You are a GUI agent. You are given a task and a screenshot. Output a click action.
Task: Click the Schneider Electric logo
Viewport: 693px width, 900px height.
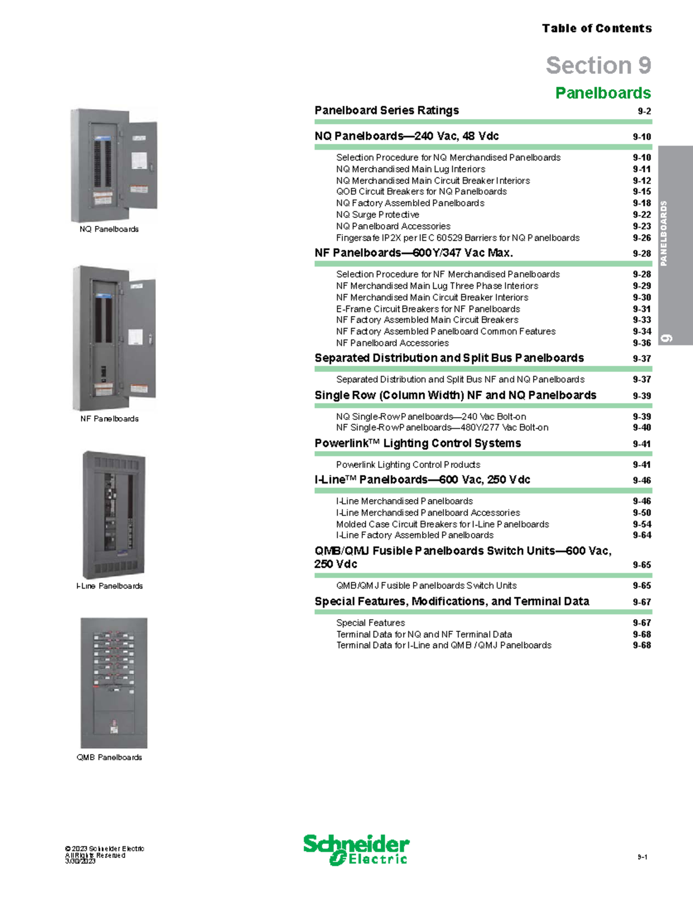click(x=356, y=850)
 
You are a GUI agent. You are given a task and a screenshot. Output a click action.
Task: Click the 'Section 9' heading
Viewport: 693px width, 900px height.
click(x=598, y=65)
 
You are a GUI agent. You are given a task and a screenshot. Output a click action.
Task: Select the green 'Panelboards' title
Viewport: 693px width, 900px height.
click(x=603, y=93)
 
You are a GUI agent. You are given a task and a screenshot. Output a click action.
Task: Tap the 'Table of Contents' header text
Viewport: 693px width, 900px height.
click(x=597, y=28)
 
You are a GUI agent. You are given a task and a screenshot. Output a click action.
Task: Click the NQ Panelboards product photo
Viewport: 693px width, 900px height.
click(x=114, y=165)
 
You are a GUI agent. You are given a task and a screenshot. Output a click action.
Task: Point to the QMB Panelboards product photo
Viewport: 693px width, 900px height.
click(x=114, y=683)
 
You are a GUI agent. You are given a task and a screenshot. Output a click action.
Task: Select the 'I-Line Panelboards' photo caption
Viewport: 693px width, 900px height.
click(x=109, y=586)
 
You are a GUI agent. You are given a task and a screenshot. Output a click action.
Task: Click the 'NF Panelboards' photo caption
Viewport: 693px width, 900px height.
click(x=109, y=419)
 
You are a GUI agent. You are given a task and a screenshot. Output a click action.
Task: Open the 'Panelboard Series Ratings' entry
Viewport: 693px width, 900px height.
click(x=386, y=110)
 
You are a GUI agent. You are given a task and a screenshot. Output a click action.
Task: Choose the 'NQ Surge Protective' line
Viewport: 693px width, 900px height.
click(x=378, y=215)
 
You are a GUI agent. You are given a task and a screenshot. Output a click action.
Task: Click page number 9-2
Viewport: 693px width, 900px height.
click(x=644, y=111)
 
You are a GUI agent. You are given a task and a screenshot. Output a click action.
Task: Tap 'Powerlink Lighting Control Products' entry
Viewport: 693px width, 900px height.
click(x=408, y=465)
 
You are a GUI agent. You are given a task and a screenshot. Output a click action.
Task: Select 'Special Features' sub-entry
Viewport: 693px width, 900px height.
click(x=370, y=623)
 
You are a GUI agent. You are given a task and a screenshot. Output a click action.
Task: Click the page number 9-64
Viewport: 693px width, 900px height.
click(x=642, y=535)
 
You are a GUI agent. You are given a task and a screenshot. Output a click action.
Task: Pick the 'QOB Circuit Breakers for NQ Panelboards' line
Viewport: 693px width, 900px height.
click(x=421, y=192)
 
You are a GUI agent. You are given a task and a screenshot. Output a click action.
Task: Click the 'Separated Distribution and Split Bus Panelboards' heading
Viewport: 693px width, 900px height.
click(x=449, y=358)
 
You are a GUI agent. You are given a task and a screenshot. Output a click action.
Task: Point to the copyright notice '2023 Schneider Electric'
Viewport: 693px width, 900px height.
click(x=105, y=849)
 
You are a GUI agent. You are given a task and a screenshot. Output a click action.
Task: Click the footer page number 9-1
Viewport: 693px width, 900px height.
click(x=642, y=857)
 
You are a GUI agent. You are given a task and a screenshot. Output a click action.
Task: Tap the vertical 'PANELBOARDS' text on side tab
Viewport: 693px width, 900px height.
click(x=664, y=233)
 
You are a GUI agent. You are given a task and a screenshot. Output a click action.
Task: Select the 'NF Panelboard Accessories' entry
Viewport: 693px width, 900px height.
click(x=392, y=343)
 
